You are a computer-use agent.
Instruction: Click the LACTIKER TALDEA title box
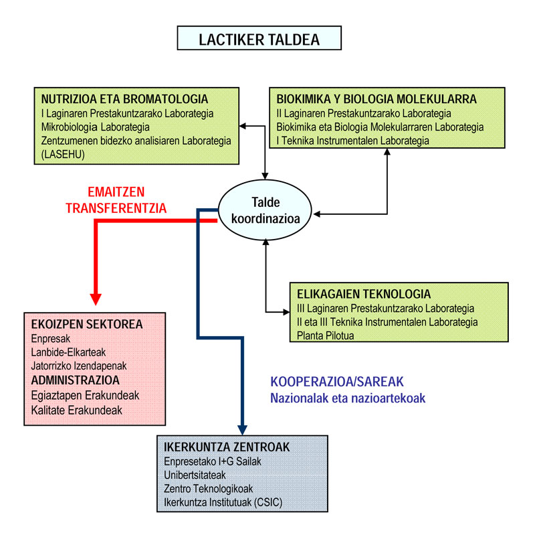pyautogui.click(x=259, y=38)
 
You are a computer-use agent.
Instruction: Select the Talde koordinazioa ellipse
pyautogui.click(x=266, y=210)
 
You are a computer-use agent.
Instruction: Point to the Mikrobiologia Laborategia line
pyautogui.click(x=95, y=127)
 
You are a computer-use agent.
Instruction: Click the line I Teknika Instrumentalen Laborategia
pyautogui.click(x=352, y=140)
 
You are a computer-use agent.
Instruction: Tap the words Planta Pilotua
pyautogui.click(x=325, y=335)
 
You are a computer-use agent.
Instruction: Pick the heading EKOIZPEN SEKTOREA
pyautogui.click(x=87, y=325)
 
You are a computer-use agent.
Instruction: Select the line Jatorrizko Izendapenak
pyautogui.click(x=79, y=366)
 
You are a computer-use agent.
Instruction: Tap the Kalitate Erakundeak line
pyautogui.click(x=77, y=410)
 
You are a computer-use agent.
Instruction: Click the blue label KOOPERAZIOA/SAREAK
pyautogui.click(x=337, y=382)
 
